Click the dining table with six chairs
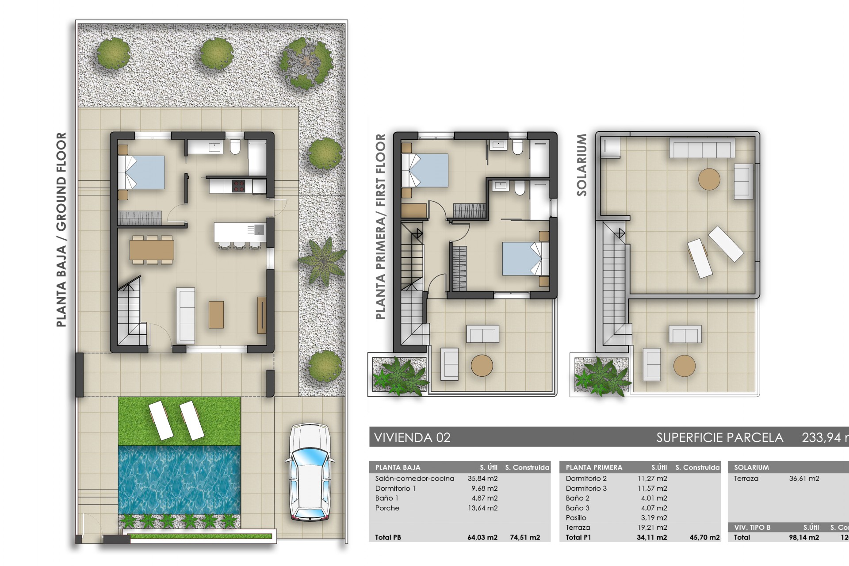pyautogui.click(x=152, y=250)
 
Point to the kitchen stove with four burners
pyautogui.click(x=239, y=186)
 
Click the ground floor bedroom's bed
pyautogui.click(x=141, y=172)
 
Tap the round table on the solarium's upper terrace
pyautogui.click(x=709, y=180)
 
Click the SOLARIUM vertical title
pyautogui.click(x=581, y=165)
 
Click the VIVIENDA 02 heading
pyautogui.click(x=412, y=438)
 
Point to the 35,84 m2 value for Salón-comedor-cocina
pyautogui.click(x=482, y=478)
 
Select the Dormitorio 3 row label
pyautogui.click(x=586, y=489)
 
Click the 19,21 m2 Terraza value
pyautogui.click(x=654, y=528)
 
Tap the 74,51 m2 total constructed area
pyautogui.click(x=525, y=538)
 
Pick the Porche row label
pyautogui.click(x=387, y=508)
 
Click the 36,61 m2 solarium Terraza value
pyautogui.click(x=804, y=478)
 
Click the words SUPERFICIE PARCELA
pyautogui.click(x=719, y=438)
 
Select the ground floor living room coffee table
pyautogui.click(x=216, y=314)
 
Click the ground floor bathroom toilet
pyautogui.click(x=235, y=147)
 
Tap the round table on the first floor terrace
pyautogui.click(x=482, y=366)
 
